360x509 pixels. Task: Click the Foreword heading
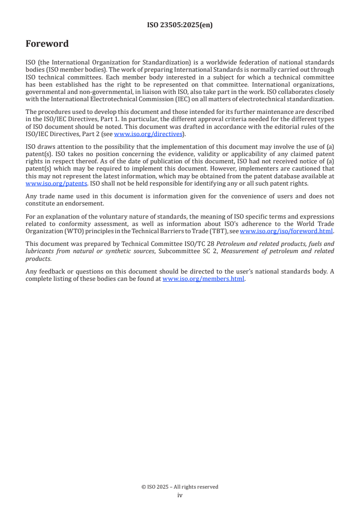pos(47,44)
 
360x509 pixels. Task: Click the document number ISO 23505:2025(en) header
pos(180,25)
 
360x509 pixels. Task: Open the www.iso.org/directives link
pos(148,134)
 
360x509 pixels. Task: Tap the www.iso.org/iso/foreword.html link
pos(286,231)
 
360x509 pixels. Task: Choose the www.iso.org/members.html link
pos(203,279)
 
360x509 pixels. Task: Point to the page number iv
pos(180,495)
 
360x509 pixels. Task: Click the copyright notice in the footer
pos(180,487)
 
